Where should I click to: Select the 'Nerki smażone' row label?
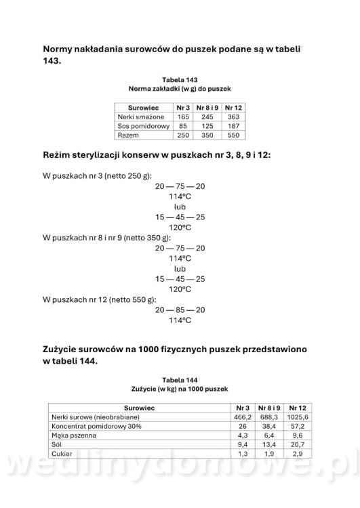[141, 117]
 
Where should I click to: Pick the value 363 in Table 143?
[233, 117]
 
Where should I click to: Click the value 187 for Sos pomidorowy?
[233, 127]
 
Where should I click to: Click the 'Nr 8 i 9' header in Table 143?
[207, 108]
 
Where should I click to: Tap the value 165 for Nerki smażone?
[182, 117]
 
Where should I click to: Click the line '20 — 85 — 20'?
[180, 310]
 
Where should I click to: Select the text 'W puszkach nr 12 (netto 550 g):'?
[99, 298]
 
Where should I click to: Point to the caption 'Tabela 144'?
[180, 380]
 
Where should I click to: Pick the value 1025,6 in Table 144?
[298, 418]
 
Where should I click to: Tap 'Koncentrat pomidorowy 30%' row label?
[97, 427]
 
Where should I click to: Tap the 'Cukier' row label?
[62, 454]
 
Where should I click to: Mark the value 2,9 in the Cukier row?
[298, 454]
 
